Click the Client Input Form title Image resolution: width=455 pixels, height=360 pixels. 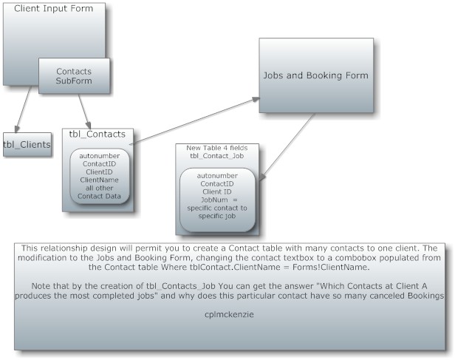coord(54,8)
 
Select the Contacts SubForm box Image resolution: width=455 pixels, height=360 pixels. coord(74,76)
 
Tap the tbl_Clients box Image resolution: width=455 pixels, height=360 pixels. coord(27,145)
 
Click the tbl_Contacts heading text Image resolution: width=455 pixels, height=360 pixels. coord(97,134)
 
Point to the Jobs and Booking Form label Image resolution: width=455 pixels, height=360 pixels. coord(315,75)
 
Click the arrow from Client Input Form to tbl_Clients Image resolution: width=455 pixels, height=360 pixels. coord(23,109)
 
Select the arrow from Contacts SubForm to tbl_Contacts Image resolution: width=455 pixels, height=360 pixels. coord(84,112)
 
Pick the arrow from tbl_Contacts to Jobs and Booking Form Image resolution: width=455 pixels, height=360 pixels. coord(194,120)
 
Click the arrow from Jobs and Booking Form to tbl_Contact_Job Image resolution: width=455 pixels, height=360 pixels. coord(287,147)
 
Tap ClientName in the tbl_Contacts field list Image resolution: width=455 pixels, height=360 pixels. coord(99,180)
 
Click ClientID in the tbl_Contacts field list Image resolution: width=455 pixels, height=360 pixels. coord(99,172)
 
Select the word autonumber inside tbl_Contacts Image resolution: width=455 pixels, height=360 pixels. coord(100,156)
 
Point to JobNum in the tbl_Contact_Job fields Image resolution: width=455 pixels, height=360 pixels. coord(214,200)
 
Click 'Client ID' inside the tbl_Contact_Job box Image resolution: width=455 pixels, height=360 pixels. coord(217,192)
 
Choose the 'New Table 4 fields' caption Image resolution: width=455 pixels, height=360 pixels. coord(217,148)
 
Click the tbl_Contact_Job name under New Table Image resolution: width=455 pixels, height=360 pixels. coord(217,156)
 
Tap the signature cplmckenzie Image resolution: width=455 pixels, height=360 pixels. coord(229,314)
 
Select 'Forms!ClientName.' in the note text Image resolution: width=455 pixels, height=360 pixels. coord(331,267)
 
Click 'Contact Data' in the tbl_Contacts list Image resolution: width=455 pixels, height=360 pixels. coord(99,196)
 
